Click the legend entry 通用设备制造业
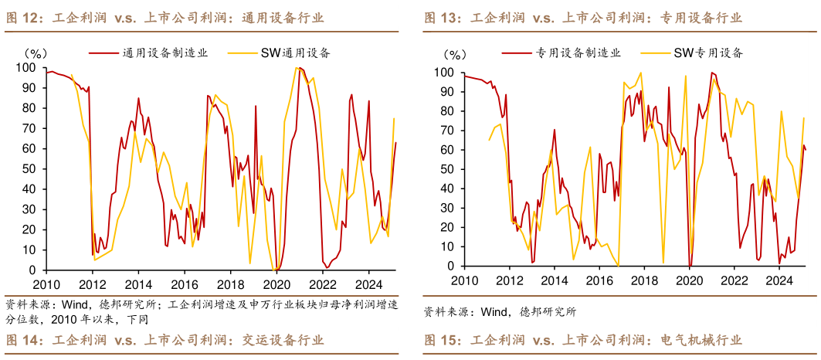(x=159, y=53)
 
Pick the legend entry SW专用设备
(x=708, y=53)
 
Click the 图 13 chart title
(x=582, y=17)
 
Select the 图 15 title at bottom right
(x=582, y=341)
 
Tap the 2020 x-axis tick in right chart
(x=689, y=281)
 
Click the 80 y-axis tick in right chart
(x=447, y=110)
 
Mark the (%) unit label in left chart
(x=37, y=53)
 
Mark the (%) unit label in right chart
(x=456, y=56)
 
